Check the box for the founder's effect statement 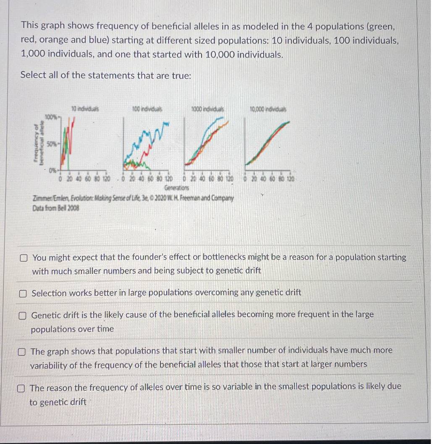24,257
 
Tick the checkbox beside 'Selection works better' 24,293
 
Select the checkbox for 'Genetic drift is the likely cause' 23,315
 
